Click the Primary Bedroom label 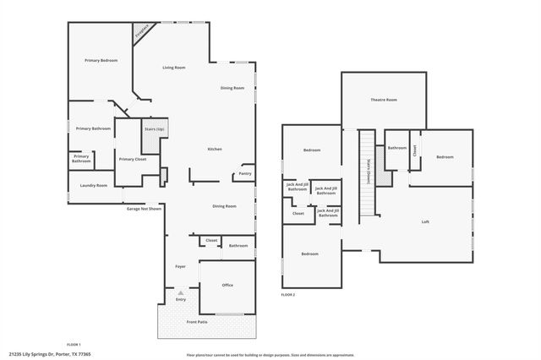pyautogui.click(x=101, y=61)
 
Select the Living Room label pyautogui.click(x=174, y=68)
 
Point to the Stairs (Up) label pyautogui.click(x=154, y=129)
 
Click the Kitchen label pyautogui.click(x=215, y=150)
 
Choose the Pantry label pyautogui.click(x=244, y=173)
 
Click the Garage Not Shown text pyautogui.click(x=144, y=209)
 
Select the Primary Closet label pyautogui.click(x=133, y=159)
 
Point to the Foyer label pyautogui.click(x=180, y=267)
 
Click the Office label pyautogui.click(x=227, y=286)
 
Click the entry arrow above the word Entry pyautogui.click(x=180, y=292)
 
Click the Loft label pyautogui.click(x=425, y=222)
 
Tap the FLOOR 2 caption pyautogui.click(x=288, y=294)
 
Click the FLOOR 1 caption pyautogui.click(x=74, y=345)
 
